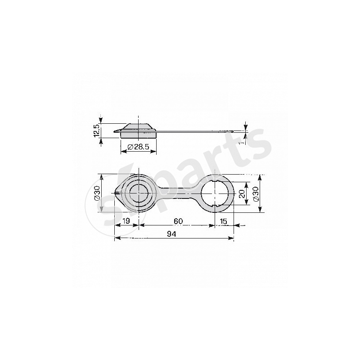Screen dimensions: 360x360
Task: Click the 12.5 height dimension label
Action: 97,130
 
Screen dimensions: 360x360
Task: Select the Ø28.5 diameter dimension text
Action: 138,147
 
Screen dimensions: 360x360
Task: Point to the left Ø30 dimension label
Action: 98,193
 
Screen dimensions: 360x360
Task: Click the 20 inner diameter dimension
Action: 242,194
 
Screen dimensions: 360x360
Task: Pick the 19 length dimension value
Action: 126,221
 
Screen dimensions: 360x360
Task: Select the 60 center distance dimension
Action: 178,221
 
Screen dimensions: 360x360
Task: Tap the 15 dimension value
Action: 223,221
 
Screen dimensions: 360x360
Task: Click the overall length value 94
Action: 171,234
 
